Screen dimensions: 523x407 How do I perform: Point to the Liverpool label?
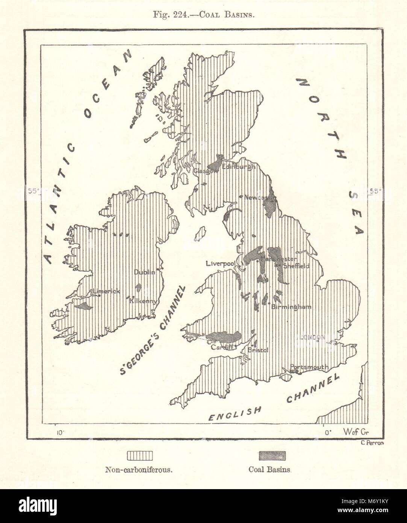[x=220, y=263]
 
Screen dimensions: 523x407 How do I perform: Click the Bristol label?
[x=259, y=350]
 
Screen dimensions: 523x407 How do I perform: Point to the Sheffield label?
[x=296, y=266]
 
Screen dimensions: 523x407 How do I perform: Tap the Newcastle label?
[x=259, y=198]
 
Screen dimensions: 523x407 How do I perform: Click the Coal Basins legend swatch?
[x=272, y=455]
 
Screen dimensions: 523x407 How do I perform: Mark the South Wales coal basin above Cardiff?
[x=225, y=336]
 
